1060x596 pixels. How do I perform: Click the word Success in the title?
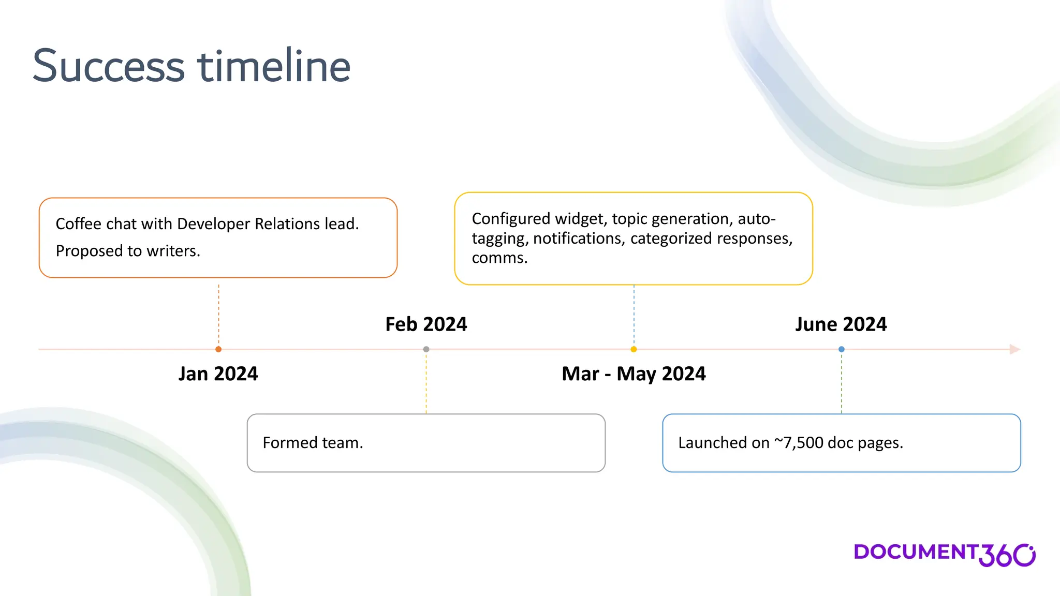(x=109, y=66)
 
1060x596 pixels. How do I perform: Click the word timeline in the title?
(x=274, y=66)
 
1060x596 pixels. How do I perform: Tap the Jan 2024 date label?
(x=218, y=374)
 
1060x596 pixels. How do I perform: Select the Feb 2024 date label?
(x=426, y=324)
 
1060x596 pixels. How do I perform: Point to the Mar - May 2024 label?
(x=634, y=374)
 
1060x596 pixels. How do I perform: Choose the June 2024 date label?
(x=841, y=324)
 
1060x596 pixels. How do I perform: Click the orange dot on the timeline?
(x=218, y=349)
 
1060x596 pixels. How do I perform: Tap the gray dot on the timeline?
(x=426, y=349)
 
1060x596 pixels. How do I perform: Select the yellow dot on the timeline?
(x=634, y=349)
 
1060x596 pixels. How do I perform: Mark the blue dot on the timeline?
(x=842, y=349)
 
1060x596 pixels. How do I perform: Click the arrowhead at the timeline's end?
(x=1014, y=349)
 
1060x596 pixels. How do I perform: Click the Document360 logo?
(x=944, y=555)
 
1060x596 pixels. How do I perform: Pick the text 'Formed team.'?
(x=313, y=443)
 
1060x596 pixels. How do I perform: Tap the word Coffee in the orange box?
(x=78, y=224)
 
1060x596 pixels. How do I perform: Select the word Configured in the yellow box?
(x=511, y=219)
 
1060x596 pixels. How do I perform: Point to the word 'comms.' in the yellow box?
(x=499, y=258)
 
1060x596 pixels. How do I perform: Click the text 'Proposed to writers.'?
(x=128, y=251)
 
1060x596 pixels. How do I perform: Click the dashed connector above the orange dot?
(x=219, y=313)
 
